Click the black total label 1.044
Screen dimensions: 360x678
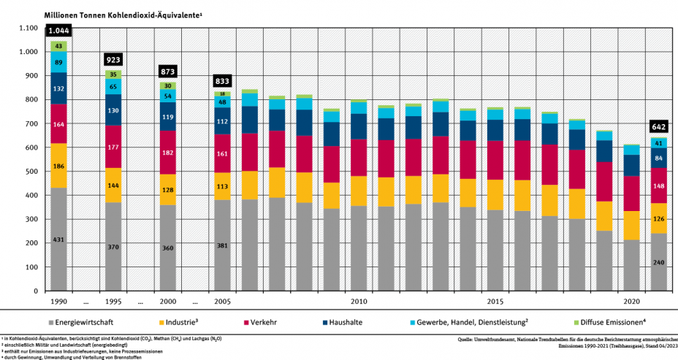click(x=58, y=31)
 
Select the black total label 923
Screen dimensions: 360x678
click(x=113, y=59)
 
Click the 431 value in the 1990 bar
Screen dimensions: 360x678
click(x=58, y=240)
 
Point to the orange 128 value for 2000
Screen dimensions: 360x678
click(x=168, y=190)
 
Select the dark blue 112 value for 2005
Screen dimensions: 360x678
click(x=222, y=121)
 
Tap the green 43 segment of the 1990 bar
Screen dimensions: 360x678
click(x=58, y=46)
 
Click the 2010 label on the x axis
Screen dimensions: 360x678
click(x=358, y=301)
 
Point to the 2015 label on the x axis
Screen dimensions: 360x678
click(x=495, y=301)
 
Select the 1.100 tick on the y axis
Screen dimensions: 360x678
click(x=28, y=28)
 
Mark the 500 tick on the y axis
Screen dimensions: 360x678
click(x=30, y=171)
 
